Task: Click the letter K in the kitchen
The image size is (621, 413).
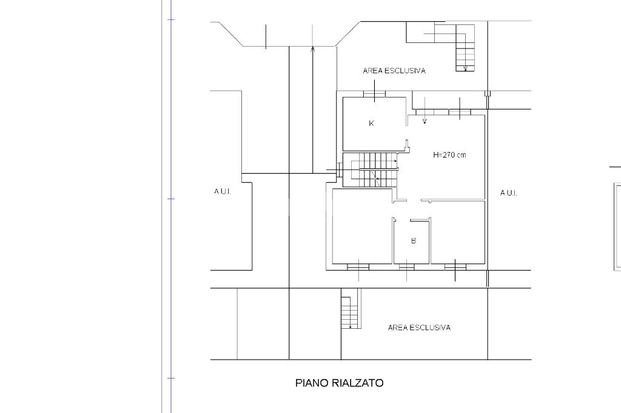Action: (x=372, y=124)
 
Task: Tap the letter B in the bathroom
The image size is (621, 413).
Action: (x=414, y=240)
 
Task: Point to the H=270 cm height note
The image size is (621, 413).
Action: (x=449, y=154)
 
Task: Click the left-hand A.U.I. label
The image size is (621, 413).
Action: (x=222, y=191)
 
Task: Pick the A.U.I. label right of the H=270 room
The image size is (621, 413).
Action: (x=509, y=193)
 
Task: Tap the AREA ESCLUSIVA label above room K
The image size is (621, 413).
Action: (x=394, y=71)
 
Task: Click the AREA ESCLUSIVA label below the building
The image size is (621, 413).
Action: (x=419, y=328)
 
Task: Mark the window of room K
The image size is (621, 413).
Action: (x=374, y=94)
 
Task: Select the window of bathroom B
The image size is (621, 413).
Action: (x=407, y=268)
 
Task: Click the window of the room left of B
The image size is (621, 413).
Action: (x=358, y=268)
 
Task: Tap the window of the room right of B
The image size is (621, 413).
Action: (x=455, y=268)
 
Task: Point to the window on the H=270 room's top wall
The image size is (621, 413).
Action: (x=460, y=113)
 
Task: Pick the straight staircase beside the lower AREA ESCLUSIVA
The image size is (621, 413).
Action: (x=350, y=309)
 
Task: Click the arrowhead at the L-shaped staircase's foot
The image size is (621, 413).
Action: (x=466, y=68)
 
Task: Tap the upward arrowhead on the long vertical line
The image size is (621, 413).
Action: (x=313, y=49)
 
